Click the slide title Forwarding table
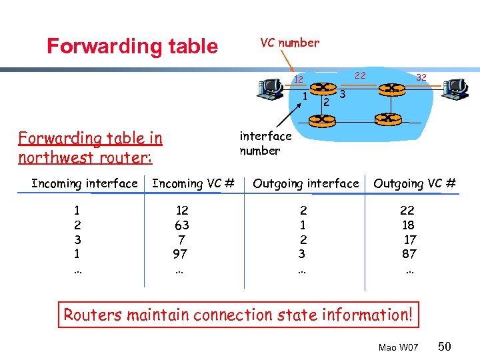[132, 46]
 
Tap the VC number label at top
[289, 43]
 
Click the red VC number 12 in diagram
[299, 80]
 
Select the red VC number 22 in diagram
[360, 75]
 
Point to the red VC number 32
[421, 77]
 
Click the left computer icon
[270, 88]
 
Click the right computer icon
[455, 88]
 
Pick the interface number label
[265, 143]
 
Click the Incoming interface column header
[85, 183]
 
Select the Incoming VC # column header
[193, 183]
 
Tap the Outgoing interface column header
[306, 183]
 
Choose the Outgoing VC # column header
[415, 183]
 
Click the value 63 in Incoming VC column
[180, 225]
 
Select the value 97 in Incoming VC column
[180, 254]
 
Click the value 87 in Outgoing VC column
[409, 254]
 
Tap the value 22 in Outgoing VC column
[407, 210]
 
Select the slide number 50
[445, 346]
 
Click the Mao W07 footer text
[398, 348]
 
